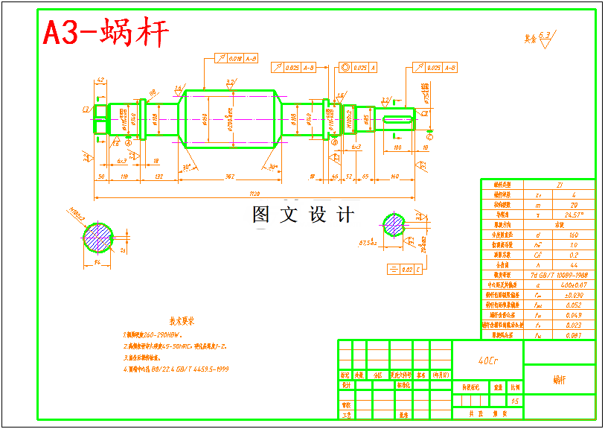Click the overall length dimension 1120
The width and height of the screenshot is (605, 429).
pyautogui.click(x=255, y=194)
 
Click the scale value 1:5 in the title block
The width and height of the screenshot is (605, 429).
pyautogui.click(x=514, y=401)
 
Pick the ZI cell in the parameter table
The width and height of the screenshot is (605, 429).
pyautogui.click(x=560, y=183)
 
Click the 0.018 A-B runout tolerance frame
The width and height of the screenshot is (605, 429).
pyautogui.click(x=237, y=58)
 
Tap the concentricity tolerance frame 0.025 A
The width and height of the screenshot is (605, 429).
pyautogui.click(x=359, y=68)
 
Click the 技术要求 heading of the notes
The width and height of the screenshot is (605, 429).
pyautogui.click(x=181, y=321)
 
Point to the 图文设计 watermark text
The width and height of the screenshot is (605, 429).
pyautogui.click(x=303, y=215)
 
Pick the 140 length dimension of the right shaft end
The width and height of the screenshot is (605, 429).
pyautogui.click(x=394, y=176)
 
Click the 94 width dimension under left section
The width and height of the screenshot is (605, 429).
pyautogui.click(x=97, y=262)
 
